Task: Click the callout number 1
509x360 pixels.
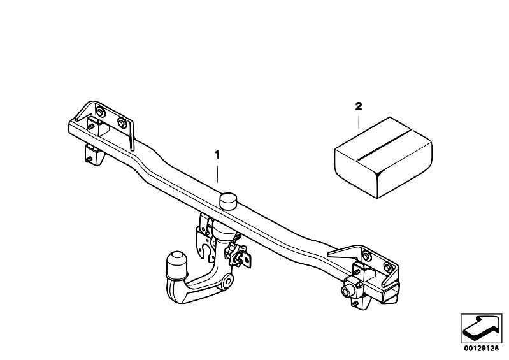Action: (217, 155)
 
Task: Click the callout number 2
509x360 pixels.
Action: (359, 106)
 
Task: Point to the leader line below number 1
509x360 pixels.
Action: (217, 174)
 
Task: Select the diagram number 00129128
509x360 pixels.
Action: (481, 349)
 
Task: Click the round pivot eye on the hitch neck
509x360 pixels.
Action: (228, 280)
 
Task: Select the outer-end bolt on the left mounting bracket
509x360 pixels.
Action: (100, 112)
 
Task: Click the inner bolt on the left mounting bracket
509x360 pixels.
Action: (122, 124)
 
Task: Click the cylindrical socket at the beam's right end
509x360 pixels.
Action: (348, 289)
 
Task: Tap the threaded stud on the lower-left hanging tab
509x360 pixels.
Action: (89, 159)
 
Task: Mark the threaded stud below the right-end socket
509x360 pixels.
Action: (355, 304)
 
